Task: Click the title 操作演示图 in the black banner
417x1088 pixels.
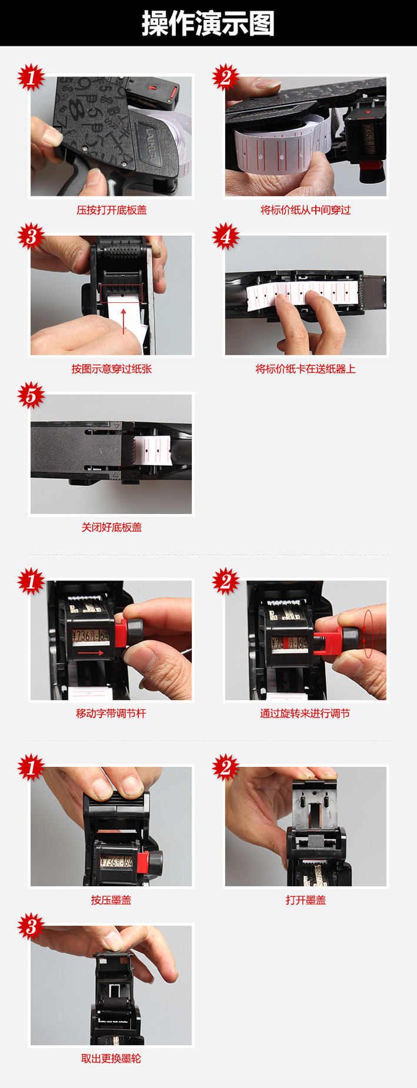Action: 208,24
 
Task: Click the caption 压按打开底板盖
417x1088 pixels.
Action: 112,210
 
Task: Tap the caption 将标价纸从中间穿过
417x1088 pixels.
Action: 306,210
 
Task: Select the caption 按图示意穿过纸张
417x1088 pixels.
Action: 112,369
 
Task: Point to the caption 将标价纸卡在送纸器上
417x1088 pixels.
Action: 306,369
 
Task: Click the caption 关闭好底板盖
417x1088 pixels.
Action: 112,527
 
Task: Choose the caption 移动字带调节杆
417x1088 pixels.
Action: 111,713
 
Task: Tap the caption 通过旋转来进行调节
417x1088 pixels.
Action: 305,713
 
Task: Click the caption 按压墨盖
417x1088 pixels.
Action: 111,900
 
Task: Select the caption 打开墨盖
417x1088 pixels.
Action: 306,900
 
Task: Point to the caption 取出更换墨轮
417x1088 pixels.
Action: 111,1058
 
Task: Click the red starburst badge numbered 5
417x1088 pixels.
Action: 31,395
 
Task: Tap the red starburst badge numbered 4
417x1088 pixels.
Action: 226,236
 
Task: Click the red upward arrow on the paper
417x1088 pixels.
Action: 124,321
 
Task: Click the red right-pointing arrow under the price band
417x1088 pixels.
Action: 91,652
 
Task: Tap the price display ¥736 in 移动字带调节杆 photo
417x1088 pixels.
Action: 91,636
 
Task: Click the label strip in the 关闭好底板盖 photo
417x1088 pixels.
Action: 152,450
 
